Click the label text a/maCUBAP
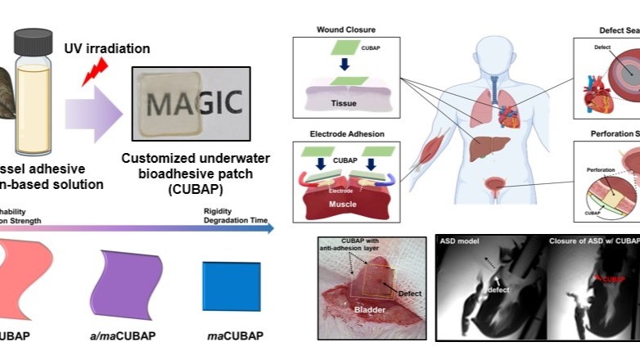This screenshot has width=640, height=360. (123, 336)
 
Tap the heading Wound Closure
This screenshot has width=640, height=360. (346, 30)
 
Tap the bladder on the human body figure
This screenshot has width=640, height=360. (491, 179)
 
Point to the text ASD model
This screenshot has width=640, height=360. (459, 243)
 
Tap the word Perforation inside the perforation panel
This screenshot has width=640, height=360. (604, 172)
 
